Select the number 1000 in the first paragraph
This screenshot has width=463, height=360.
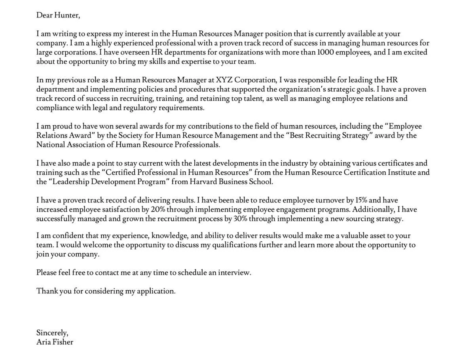pyautogui.click(x=325, y=52)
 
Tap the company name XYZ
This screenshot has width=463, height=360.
pyautogui.click(x=224, y=80)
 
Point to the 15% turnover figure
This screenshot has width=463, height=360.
pyautogui.click(x=361, y=200)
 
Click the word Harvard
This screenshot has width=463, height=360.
pyautogui.click(x=203, y=182)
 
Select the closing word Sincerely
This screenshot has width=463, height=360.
pyautogui.click(x=52, y=333)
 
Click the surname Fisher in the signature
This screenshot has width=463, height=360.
pyautogui.click(x=63, y=342)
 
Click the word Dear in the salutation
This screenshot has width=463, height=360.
pyautogui.click(x=44, y=15)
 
